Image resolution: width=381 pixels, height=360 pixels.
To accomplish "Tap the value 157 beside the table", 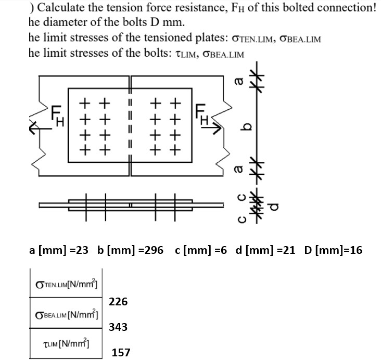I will [121, 353].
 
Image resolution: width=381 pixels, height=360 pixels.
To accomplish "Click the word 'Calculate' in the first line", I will [63, 7].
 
